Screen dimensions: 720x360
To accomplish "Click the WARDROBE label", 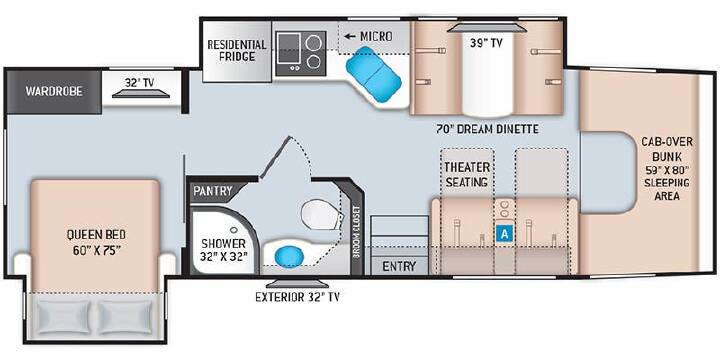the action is pos(54,91).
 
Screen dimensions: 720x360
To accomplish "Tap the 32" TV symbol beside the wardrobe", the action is pos(141,94).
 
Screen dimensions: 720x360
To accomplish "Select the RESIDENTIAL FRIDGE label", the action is pos(236,51).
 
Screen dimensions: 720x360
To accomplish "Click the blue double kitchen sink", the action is pos(373,74).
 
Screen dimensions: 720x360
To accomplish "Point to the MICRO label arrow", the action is pos(351,36).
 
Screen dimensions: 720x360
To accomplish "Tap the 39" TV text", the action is pos(486,43).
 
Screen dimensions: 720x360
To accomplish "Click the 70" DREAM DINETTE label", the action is pos(487,129).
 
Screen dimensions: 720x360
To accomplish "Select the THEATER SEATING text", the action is pos(466,174).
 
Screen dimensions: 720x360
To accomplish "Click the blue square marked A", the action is pos(505,234).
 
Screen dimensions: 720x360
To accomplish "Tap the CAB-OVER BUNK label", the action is pos(667,148).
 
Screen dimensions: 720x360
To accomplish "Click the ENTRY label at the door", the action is pos(399,266).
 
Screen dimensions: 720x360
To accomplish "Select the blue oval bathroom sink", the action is pos(287,256).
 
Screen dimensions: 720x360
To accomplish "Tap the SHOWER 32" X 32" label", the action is pos(224,249).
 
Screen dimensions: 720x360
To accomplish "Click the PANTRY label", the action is pos(213,191).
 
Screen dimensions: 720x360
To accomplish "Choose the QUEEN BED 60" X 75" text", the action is pos(96,242).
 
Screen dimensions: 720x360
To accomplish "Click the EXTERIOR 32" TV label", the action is pos(298,297).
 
